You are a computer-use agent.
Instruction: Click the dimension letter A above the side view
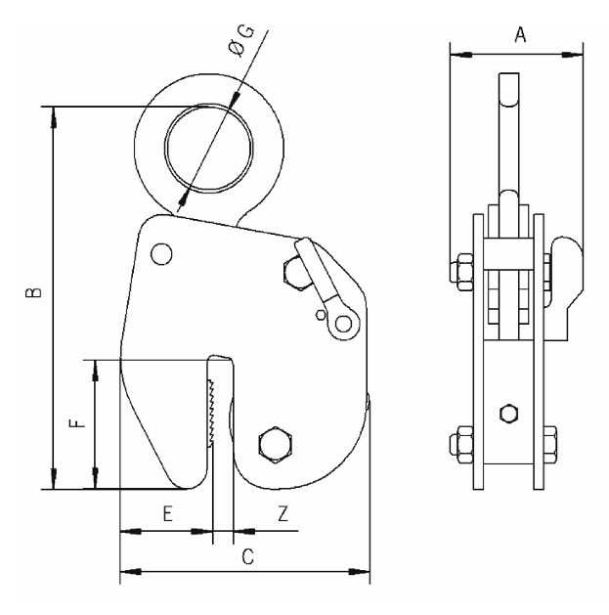(x=520, y=35)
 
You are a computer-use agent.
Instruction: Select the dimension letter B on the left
(x=31, y=292)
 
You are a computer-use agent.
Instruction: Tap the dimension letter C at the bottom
(x=247, y=556)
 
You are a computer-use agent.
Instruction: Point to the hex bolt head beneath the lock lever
(x=294, y=271)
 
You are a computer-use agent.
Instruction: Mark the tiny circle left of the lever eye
(x=319, y=315)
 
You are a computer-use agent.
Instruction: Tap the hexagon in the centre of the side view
(x=507, y=413)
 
